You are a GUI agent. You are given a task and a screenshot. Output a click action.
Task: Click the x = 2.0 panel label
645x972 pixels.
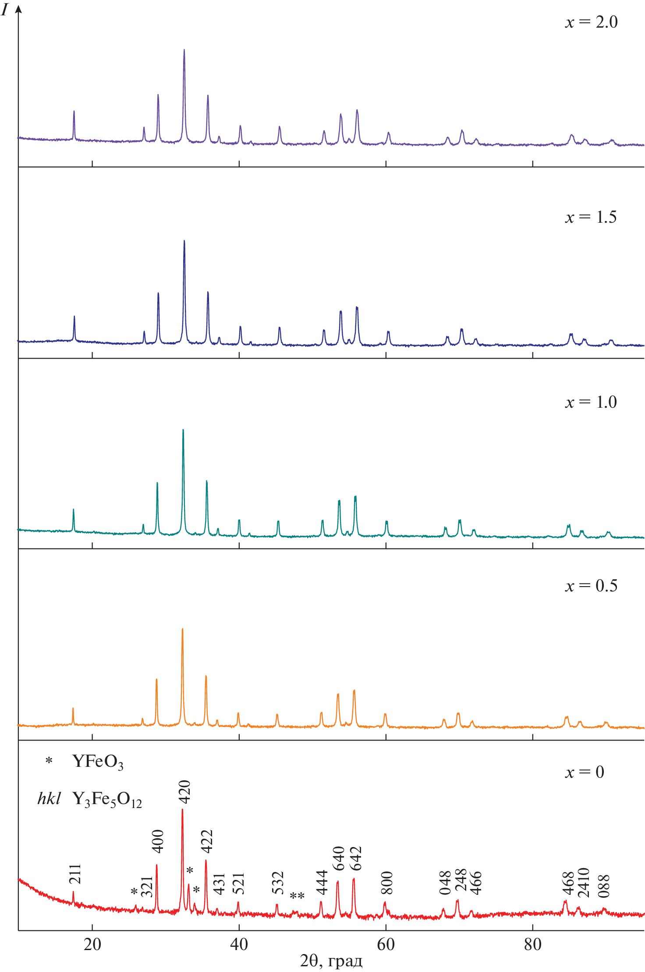(591, 22)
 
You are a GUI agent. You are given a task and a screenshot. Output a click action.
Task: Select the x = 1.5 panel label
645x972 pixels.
(591, 217)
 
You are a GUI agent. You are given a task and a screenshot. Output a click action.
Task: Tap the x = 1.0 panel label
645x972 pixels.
(591, 402)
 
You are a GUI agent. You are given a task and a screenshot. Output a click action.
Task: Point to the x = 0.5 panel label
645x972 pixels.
(591, 586)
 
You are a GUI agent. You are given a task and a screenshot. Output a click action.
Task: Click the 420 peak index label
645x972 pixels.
(184, 791)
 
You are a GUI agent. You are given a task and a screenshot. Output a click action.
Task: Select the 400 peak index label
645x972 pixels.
(157, 840)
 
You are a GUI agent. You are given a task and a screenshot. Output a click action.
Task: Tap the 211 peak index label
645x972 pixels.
(75, 874)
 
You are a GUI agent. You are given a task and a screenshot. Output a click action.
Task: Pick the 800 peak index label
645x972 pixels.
(386, 883)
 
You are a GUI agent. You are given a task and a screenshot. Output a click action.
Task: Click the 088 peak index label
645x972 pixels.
(604, 886)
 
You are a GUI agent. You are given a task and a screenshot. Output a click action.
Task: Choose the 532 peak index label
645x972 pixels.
(278, 883)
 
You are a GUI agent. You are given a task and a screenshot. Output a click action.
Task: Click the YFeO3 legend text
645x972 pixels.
(98, 762)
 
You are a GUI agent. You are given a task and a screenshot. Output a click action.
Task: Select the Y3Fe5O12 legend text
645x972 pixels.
(107, 799)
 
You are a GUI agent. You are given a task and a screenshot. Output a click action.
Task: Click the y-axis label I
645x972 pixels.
(5, 9)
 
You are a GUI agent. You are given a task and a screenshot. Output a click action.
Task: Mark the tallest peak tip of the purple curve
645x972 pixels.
(184, 50)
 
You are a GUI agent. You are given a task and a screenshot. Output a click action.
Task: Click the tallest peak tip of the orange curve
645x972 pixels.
(182, 629)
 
